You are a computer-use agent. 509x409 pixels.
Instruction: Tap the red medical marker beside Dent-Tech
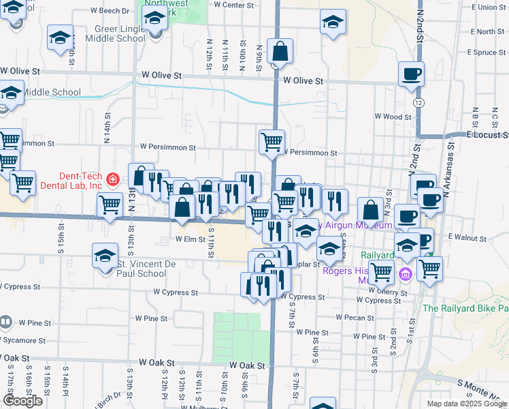113,180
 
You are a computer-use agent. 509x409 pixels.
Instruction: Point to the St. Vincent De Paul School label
142,269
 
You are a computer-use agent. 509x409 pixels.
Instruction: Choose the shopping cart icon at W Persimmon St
272,142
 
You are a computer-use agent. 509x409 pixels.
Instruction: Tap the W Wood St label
393,117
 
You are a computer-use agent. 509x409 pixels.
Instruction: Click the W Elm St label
190,239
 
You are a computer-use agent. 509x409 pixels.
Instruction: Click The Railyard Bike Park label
465,308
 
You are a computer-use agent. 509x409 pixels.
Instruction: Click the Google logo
22,401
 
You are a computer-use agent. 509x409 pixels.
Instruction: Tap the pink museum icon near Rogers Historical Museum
406,275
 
